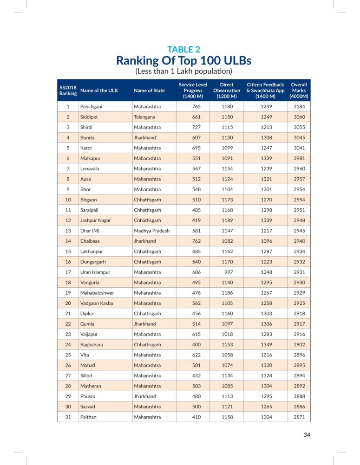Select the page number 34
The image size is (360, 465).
click(x=306, y=434)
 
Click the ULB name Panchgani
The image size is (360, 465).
click(x=92, y=107)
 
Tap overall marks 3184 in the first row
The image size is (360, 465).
click(x=299, y=107)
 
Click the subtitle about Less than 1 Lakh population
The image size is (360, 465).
click(x=183, y=71)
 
